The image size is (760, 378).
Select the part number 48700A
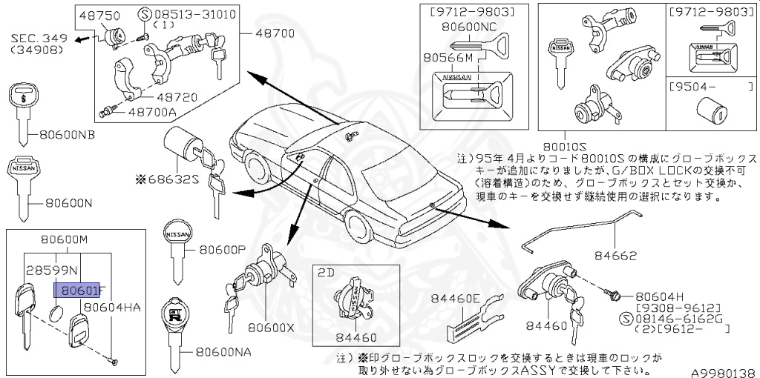pyautogui.click(x=151, y=112)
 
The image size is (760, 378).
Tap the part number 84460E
pyautogui.click(x=455, y=299)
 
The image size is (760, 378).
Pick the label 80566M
pyautogui.click(x=444, y=56)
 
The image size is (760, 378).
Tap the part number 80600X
pyautogui.click(x=271, y=326)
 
